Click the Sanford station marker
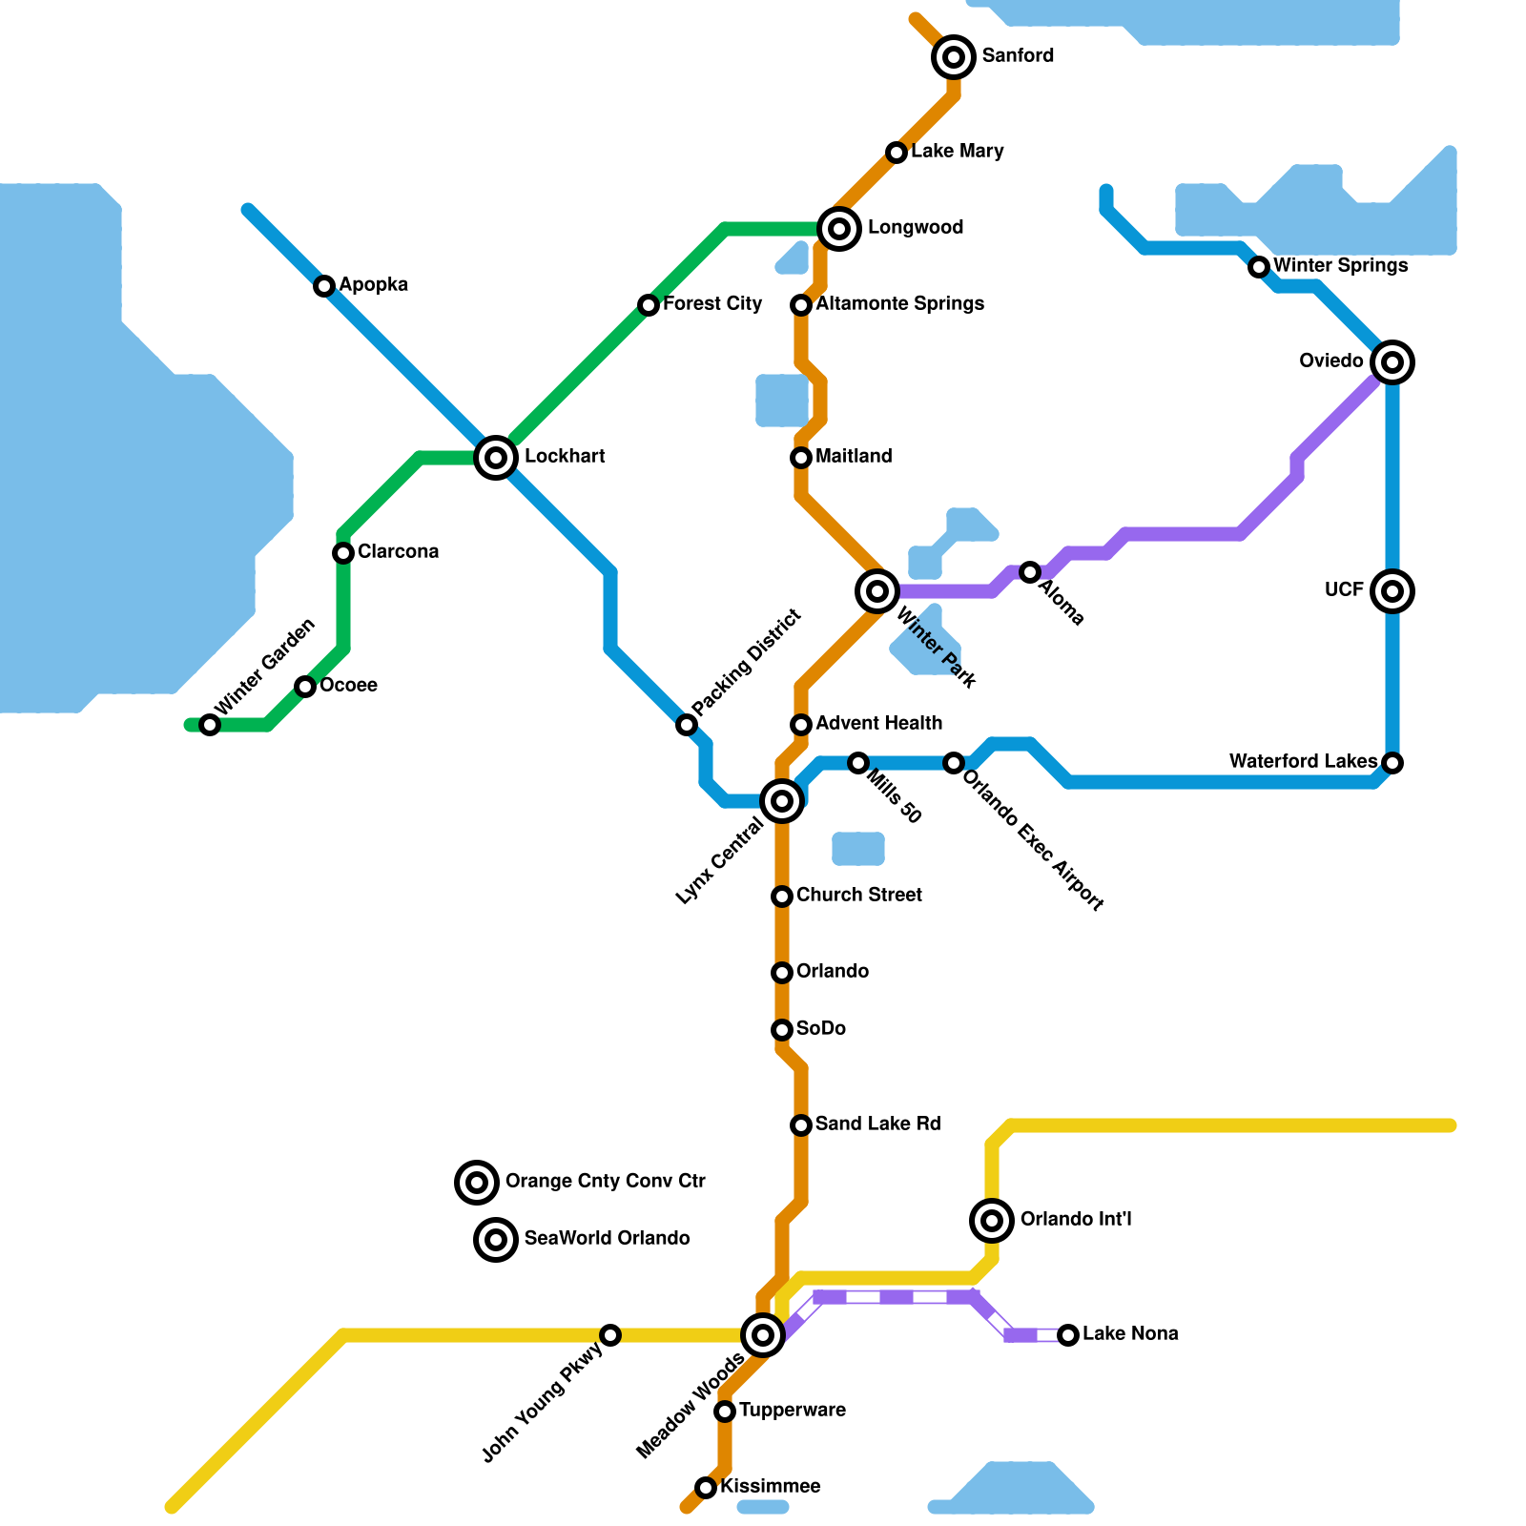(x=954, y=57)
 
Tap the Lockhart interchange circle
(x=496, y=458)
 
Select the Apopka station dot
(x=324, y=286)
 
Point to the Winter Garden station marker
(x=210, y=725)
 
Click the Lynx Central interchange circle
(x=782, y=801)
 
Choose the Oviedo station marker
(x=1392, y=362)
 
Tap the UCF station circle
(x=1392, y=591)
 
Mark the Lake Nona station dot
(x=1068, y=1335)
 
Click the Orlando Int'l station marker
(x=992, y=1220)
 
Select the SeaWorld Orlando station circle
(x=496, y=1240)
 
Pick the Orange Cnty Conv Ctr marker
(x=477, y=1183)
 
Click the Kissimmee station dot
(x=706, y=1488)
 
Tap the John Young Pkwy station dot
(x=610, y=1335)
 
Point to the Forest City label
(x=712, y=304)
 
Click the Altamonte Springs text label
(x=899, y=304)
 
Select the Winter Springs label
(x=1340, y=266)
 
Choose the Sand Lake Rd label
(x=877, y=1124)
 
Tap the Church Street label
(x=858, y=896)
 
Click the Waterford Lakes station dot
(x=1392, y=763)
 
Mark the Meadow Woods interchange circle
(x=763, y=1335)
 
